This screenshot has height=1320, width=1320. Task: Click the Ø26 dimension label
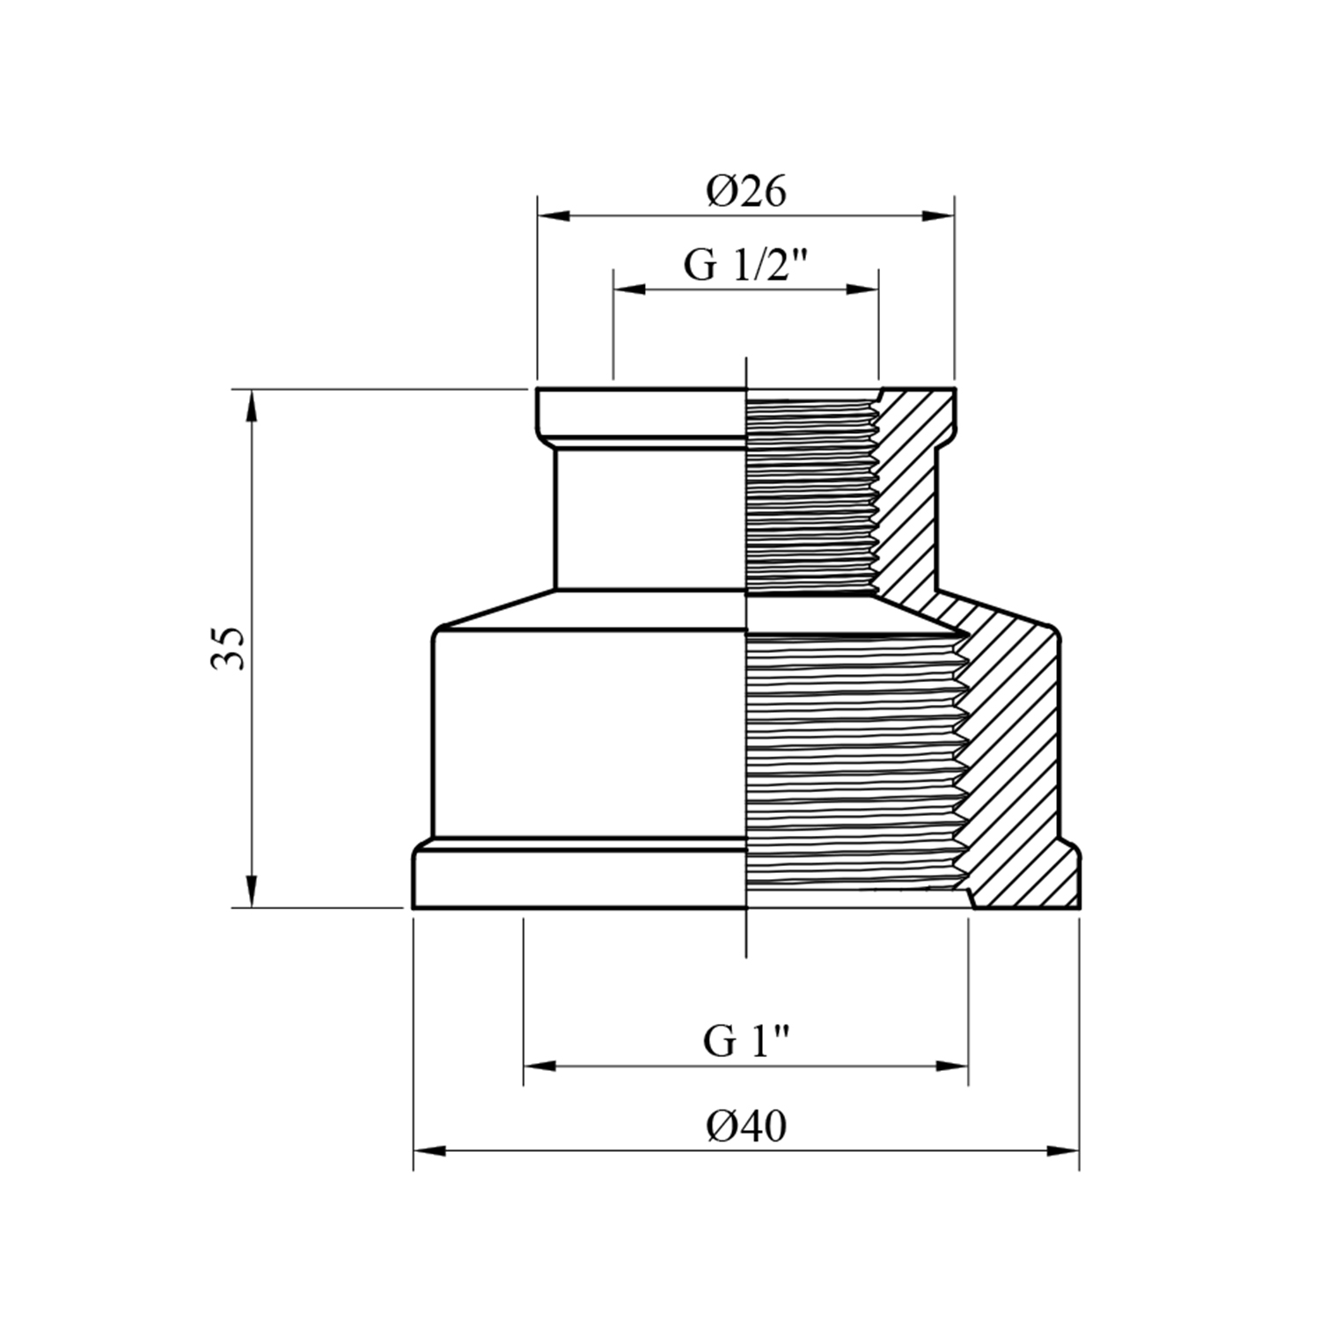[745, 191]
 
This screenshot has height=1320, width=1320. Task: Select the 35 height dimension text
[227, 649]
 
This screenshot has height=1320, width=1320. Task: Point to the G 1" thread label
[745, 1041]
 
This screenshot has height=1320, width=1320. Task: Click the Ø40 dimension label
[745, 1126]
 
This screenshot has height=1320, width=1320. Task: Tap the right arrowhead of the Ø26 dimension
[937, 216]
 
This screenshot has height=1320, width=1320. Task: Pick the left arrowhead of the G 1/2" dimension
[630, 289]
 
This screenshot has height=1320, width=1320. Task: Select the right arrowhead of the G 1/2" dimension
[862, 289]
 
